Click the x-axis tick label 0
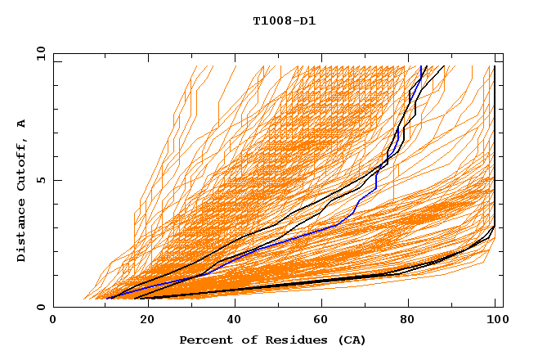point(54,321)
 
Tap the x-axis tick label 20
point(142,321)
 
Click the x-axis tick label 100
point(495,321)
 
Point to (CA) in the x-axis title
point(350,340)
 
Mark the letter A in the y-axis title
point(22,124)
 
